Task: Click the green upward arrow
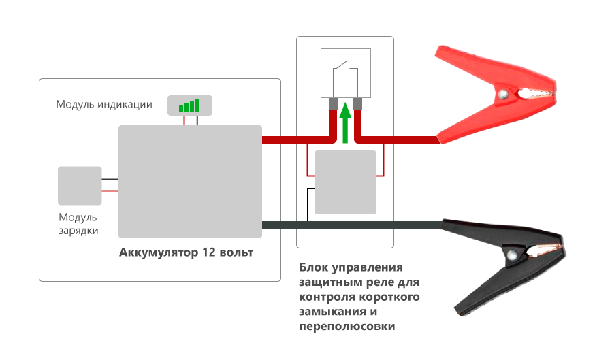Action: coord(345,122)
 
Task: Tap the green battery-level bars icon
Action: coord(189,105)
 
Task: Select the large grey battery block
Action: coord(190,180)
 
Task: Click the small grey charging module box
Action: coord(80,185)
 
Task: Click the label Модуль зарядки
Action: coord(78,224)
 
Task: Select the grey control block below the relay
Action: coord(347,182)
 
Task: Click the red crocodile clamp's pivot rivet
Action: coord(503,93)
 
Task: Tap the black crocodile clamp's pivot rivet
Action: coord(513,255)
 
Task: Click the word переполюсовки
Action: coord(347,327)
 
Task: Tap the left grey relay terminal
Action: coord(334,104)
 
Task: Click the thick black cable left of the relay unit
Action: coord(279,225)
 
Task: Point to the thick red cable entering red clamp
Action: coord(408,140)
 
